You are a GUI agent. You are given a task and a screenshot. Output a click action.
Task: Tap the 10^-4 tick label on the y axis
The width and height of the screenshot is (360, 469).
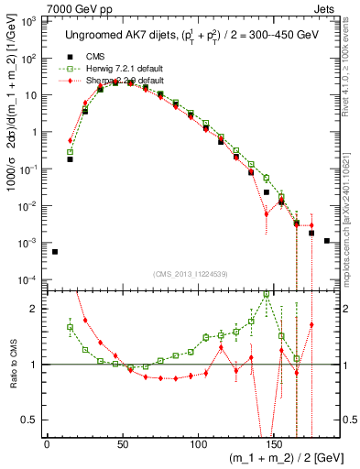pos(28,279)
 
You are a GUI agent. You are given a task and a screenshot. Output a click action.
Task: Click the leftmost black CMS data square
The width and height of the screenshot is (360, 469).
pos(55,252)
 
